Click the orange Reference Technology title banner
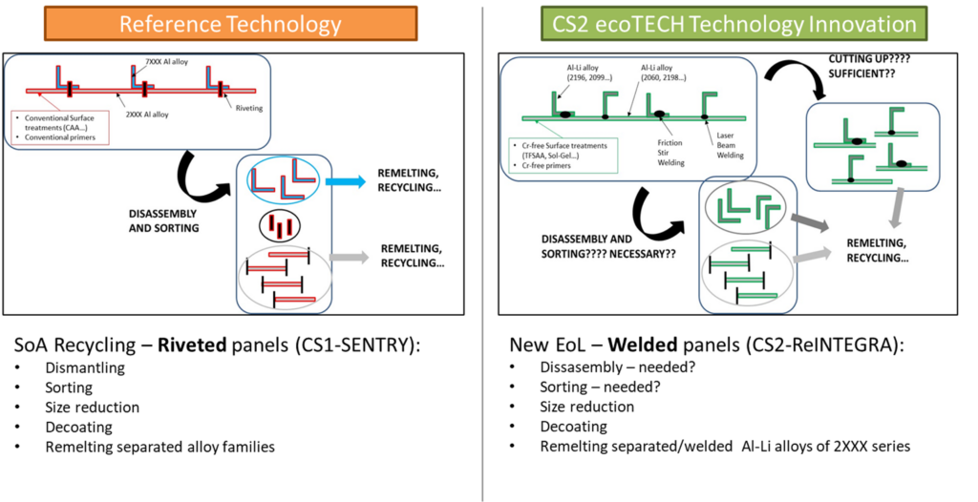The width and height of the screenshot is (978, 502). (230, 23)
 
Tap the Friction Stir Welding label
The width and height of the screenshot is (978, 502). (670, 150)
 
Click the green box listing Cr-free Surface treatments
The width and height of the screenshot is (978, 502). (561, 153)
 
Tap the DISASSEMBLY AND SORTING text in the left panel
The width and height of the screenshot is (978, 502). (164, 222)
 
